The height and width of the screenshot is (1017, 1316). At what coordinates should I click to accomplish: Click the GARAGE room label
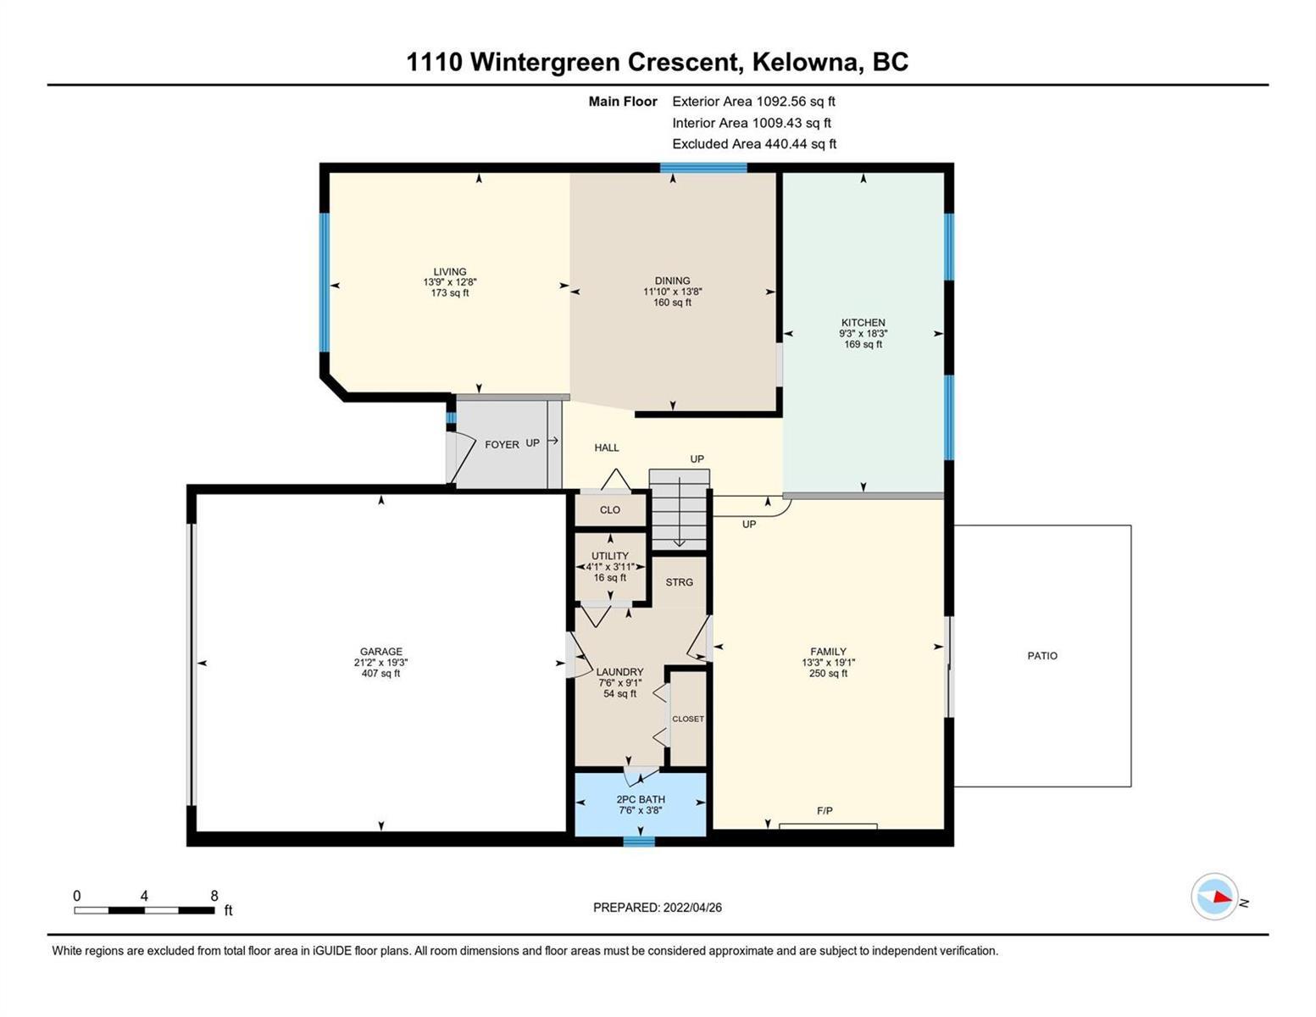pyautogui.click(x=380, y=652)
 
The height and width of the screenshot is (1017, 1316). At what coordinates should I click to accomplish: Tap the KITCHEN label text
pyautogui.click(x=863, y=323)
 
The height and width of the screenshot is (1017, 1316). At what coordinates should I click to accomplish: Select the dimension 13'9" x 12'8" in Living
pyautogui.click(x=450, y=282)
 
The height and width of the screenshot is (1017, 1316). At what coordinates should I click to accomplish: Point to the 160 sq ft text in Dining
pyautogui.click(x=672, y=303)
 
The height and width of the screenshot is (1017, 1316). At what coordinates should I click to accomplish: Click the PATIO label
pyautogui.click(x=1042, y=655)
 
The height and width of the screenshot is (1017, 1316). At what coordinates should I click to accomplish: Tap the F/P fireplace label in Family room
pyautogui.click(x=825, y=810)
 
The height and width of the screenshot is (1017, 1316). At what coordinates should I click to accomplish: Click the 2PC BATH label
pyautogui.click(x=641, y=799)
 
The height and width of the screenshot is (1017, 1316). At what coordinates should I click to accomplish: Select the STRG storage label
pyautogui.click(x=679, y=582)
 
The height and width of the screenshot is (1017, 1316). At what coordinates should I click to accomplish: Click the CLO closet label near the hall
pyautogui.click(x=610, y=510)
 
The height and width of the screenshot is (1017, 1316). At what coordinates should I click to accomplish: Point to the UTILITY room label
pyautogui.click(x=610, y=556)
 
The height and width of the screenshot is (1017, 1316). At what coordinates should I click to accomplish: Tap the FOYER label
pyautogui.click(x=502, y=445)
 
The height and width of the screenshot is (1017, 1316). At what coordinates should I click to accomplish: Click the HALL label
pyautogui.click(x=606, y=447)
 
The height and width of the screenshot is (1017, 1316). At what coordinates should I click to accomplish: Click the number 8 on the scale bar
pyautogui.click(x=214, y=895)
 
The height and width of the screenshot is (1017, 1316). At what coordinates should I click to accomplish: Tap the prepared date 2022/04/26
pyautogui.click(x=692, y=908)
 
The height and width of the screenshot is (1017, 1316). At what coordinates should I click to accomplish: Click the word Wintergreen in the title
pyautogui.click(x=544, y=63)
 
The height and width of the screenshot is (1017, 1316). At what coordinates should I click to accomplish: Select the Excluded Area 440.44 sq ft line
pyautogui.click(x=754, y=144)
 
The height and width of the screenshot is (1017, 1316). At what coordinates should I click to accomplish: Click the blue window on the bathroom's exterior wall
pyautogui.click(x=640, y=842)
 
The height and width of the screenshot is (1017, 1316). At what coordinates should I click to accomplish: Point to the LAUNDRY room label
pyautogui.click(x=619, y=672)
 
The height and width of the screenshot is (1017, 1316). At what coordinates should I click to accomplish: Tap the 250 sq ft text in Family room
pyautogui.click(x=828, y=673)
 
